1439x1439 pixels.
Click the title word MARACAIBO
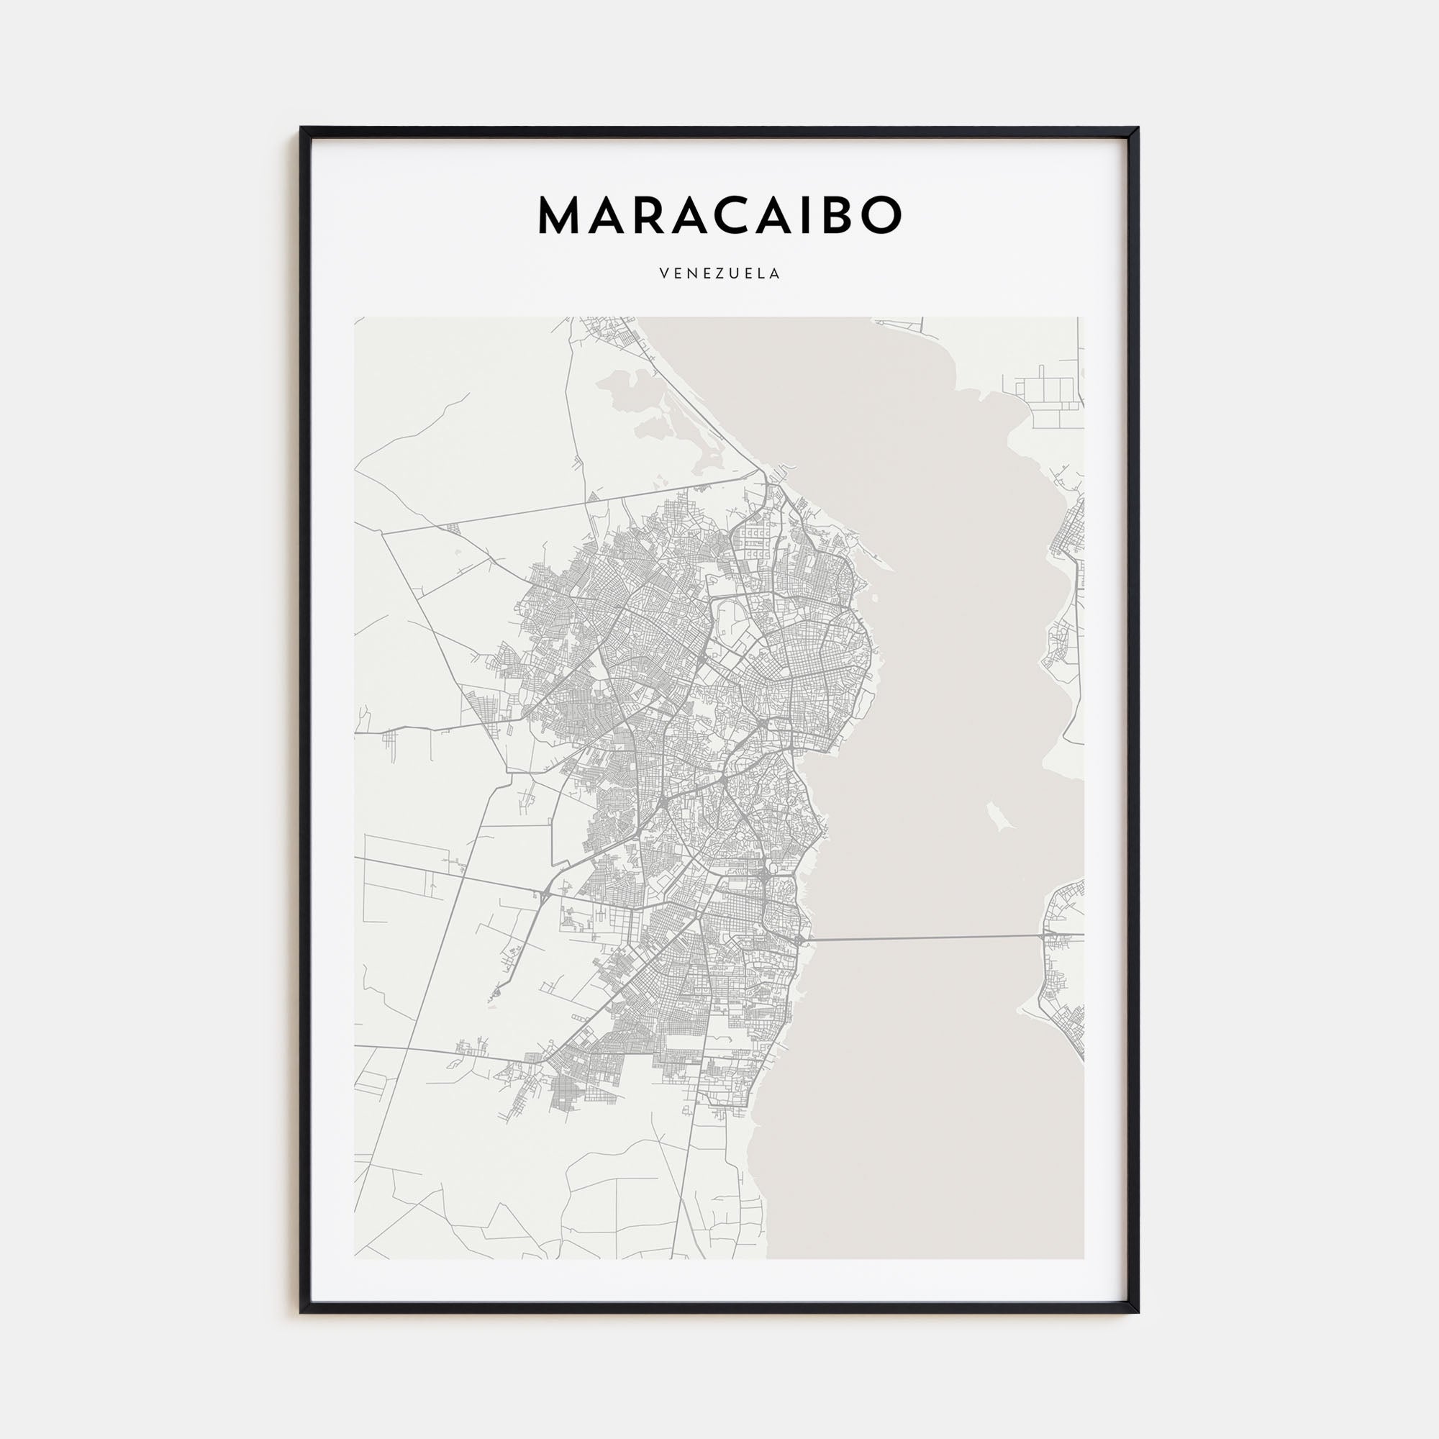(x=719, y=216)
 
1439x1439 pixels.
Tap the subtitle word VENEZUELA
(x=719, y=273)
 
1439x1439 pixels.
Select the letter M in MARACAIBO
(x=559, y=216)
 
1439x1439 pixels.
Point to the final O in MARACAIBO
(x=881, y=216)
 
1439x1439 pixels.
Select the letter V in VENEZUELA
(x=663, y=273)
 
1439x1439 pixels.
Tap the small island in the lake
(x=997, y=817)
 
